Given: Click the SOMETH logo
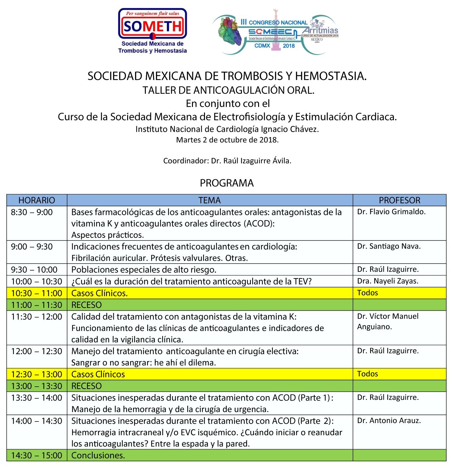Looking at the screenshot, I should click(x=152, y=31).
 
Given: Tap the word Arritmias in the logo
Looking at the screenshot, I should click(x=320, y=31).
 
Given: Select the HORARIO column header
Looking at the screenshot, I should click(x=37, y=200).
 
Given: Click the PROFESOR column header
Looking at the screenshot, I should click(x=399, y=200).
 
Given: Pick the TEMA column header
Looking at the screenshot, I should click(x=209, y=200).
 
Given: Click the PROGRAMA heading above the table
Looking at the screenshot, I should click(x=226, y=183).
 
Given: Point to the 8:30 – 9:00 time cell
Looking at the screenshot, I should click(x=32, y=212).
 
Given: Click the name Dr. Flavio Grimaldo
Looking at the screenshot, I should click(x=391, y=212).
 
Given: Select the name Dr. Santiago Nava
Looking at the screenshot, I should click(x=389, y=246).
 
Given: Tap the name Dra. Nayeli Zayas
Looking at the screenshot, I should click(x=387, y=281).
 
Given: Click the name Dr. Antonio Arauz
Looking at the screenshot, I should click(x=389, y=421).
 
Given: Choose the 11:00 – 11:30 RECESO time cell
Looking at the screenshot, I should click(x=37, y=305).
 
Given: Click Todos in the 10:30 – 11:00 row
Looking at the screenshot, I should click(x=367, y=293).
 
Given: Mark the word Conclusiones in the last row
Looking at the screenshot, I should click(x=98, y=455).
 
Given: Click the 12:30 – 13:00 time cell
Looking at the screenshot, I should click(x=37, y=374).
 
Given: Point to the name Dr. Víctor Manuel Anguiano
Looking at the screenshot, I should click(x=387, y=321).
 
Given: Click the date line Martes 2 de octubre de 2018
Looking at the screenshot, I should click(x=227, y=140).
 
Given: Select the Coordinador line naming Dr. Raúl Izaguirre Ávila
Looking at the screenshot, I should click(x=227, y=161).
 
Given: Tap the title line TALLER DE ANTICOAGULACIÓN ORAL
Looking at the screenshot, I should click(x=228, y=90).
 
